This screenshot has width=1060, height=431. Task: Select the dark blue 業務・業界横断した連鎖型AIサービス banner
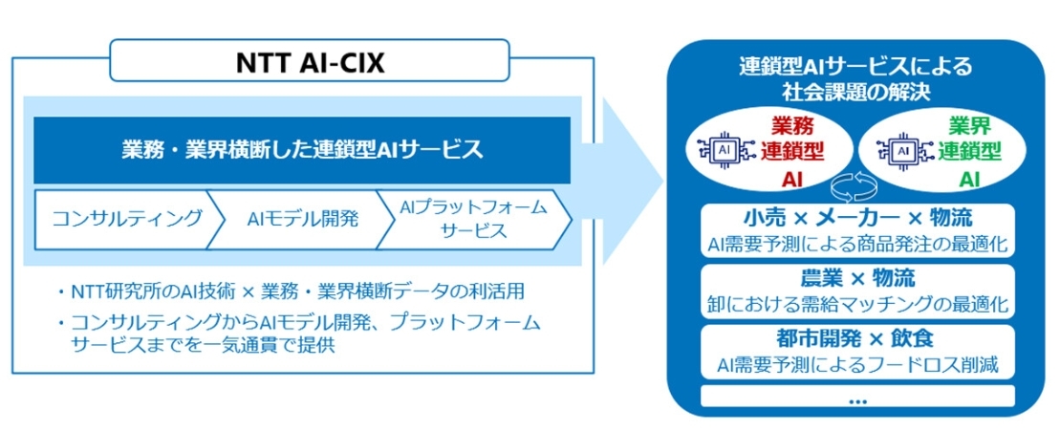coord(302,149)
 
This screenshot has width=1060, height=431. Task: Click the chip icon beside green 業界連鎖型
coord(899,151)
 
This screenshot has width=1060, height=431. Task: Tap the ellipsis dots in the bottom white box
coord(855,399)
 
